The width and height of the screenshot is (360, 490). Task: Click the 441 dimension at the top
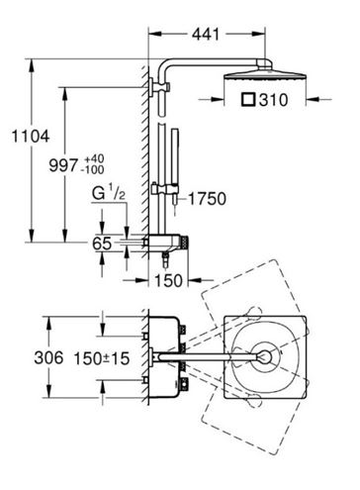click(x=206, y=34)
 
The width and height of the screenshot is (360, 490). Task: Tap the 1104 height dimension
click(x=31, y=136)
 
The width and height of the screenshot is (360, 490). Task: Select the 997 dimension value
click(x=63, y=164)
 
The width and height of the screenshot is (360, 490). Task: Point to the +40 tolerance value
click(x=94, y=158)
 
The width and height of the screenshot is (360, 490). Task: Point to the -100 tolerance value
click(x=92, y=170)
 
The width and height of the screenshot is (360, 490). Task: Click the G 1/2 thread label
click(x=109, y=193)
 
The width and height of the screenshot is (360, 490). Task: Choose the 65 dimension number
click(x=102, y=244)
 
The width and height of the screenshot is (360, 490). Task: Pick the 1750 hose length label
click(x=207, y=199)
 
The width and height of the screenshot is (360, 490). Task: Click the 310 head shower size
click(x=273, y=100)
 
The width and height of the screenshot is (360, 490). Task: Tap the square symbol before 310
click(x=248, y=99)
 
